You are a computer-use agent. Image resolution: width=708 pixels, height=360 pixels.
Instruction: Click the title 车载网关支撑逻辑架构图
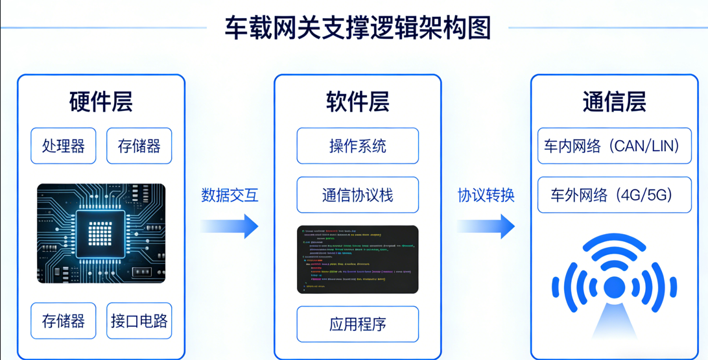(357, 28)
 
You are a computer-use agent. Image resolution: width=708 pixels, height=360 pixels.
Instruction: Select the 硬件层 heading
(100, 102)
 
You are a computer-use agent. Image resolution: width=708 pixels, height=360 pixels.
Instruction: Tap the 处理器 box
(64, 146)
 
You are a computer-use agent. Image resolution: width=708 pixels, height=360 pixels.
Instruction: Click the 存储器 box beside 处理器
(139, 146)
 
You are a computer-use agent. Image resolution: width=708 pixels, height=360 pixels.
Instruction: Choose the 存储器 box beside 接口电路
(64, 320)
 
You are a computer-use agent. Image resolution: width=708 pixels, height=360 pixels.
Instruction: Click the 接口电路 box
(139, 320)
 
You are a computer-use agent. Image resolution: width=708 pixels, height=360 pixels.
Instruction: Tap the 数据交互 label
(230, 195)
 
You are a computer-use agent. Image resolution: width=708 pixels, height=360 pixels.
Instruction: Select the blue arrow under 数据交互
(230, 226)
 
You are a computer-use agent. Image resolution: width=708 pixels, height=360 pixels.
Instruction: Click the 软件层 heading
(357, 102)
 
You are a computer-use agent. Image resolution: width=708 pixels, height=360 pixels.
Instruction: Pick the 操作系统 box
(357, 146)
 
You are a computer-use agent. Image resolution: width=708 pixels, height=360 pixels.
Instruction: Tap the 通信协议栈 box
(357, 195)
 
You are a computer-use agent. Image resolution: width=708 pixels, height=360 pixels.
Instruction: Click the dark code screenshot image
(357, 259)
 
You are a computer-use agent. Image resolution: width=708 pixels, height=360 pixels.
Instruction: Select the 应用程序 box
(357, 324)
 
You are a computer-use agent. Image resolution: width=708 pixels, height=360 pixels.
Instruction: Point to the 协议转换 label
(486, 195)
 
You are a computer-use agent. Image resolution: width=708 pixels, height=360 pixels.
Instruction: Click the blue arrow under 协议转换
(486, 226)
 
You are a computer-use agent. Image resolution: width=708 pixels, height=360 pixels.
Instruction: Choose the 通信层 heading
(614, 102)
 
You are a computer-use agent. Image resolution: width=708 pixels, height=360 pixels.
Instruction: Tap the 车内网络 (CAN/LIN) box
(614, 146)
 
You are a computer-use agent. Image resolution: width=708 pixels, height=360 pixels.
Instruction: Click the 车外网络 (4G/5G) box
(614, 195)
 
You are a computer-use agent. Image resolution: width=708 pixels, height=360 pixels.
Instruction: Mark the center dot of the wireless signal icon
(614, 286)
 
